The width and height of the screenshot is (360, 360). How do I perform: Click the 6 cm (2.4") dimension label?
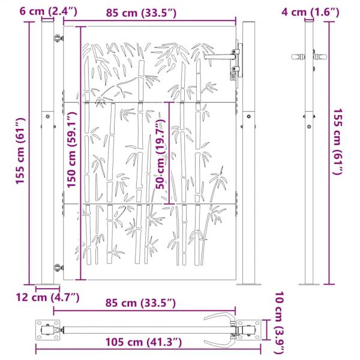point(49,11)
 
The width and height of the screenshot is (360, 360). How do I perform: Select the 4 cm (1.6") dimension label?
point(310,12)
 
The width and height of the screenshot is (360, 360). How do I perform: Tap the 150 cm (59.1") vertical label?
point(71,149)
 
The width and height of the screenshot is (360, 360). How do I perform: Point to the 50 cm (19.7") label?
point(160,154)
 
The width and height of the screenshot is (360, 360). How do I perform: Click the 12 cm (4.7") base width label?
point(47,298)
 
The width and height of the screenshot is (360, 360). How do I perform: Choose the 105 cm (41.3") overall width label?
point(143,342)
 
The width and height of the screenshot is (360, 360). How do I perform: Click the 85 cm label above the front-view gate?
point(141,13)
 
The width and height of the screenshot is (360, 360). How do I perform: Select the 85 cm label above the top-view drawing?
point(140,303)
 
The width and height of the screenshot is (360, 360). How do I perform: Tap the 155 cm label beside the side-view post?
point(338,142)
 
